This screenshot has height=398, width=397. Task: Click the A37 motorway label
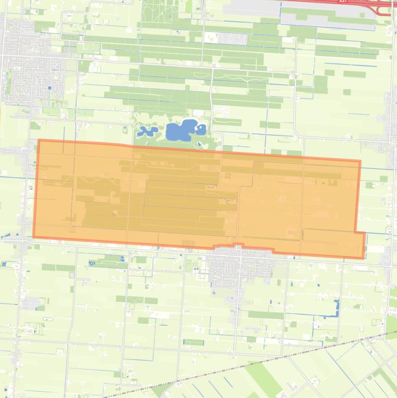click(343, 2)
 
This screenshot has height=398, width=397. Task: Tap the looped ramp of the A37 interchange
click(385, 9)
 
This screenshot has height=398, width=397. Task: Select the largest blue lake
click(180, 130)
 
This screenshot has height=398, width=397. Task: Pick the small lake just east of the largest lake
click(201, 129)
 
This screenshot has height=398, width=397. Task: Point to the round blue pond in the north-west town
click(50, 88)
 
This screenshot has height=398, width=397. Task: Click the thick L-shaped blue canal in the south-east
click(337, 308)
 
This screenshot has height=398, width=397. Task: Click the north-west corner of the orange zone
click(39, 140)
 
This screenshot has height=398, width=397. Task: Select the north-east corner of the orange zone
click(359, 161)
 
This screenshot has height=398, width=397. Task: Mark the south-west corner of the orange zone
click(34, 237)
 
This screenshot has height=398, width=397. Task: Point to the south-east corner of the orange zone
click(364, 257)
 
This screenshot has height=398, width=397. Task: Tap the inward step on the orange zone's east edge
click(356, 232)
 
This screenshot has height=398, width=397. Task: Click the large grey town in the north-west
click(31, 72)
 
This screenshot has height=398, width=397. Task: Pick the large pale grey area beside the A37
click(325, 13)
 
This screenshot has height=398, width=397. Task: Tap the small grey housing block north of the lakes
click(227, 39)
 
